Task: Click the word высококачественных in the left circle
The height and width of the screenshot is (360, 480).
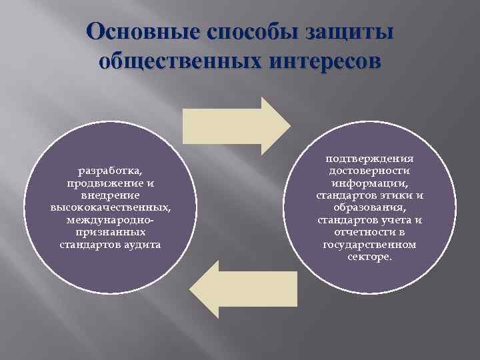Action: coord(110,207)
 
